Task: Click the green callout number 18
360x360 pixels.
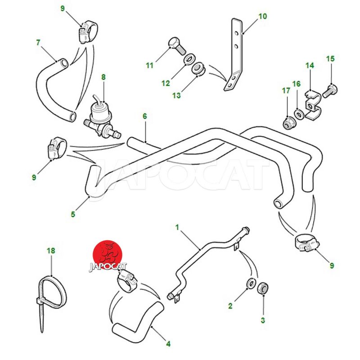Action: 51,251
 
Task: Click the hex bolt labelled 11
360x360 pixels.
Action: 177,46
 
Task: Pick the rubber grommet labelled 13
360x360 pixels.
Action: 198,68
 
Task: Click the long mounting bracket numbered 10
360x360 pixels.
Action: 234,55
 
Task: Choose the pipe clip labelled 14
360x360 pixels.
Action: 312,106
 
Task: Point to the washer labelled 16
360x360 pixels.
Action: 299,114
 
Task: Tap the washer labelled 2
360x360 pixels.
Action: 251,283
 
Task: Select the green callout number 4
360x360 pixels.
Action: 168,344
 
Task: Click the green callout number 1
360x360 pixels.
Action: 177,228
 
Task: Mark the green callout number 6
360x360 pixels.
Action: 144,116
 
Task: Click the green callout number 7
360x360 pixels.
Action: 38,43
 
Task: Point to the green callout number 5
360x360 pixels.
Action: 73,214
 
